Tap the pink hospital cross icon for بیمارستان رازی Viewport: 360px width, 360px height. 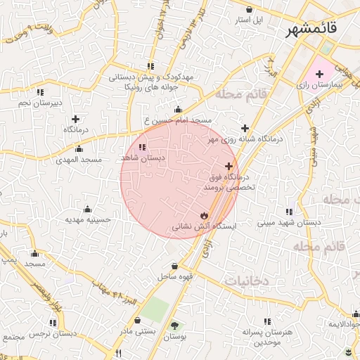pos(319,73)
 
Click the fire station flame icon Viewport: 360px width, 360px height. pos(204,215)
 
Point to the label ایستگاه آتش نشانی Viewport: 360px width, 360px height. pos(204,226)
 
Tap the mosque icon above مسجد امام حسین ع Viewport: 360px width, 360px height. pos(177,110)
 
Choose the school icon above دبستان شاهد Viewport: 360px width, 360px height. pos(143,148)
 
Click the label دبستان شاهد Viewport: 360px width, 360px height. pos(143,159)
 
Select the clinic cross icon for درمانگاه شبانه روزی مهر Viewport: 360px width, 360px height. pos(245,128)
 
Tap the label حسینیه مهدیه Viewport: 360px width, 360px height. pos(89,219)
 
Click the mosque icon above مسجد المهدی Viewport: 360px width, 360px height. pos(79,149)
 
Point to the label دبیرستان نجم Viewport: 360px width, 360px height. pos(40,103)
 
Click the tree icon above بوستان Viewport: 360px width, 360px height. pos(174,325)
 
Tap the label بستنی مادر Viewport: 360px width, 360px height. pos(134,330)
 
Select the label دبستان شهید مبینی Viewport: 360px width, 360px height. pos(288,223)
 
